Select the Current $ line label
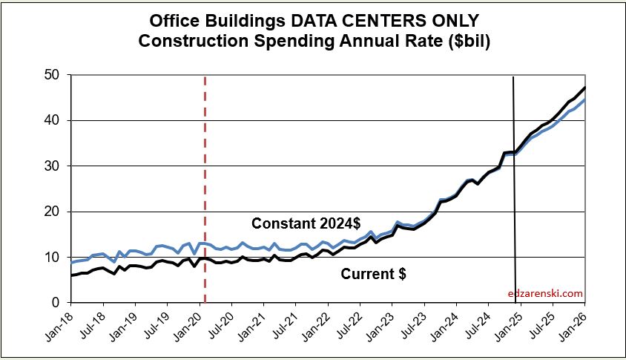[x=373, y=274]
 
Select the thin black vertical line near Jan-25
[x=514, y=186]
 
